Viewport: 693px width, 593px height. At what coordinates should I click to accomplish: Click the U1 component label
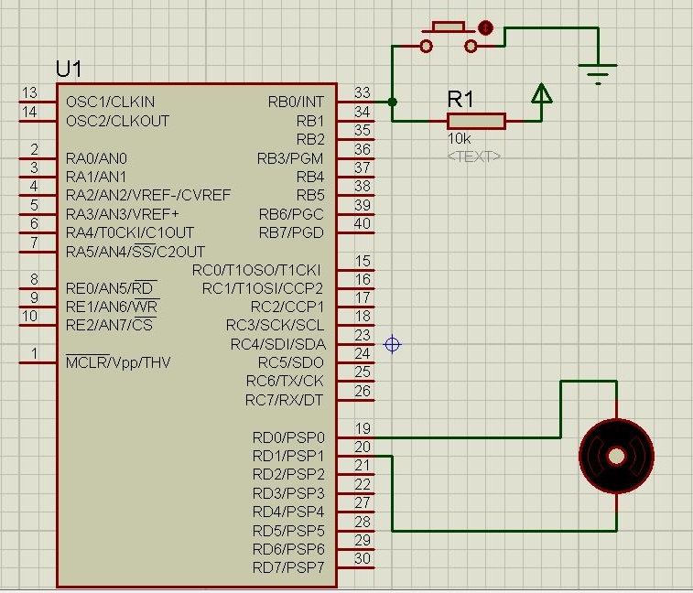pyautogui.click(x=69, y=70)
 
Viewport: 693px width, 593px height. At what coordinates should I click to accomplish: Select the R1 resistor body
pyautogui.click(x=476, y=121)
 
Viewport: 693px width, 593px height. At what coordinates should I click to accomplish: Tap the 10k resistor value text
pyautogui.click(x=460, y=138)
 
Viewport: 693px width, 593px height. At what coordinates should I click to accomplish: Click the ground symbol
pyautogui.click(x=599, y=70)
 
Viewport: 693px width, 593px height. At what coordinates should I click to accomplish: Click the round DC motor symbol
pyautogui.click(x=617, y=455)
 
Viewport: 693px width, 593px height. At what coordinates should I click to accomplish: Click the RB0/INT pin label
pyautogui.click(x=296, y=102)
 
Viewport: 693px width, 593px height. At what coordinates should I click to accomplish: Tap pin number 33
pyautogui.click(x=363, y=93)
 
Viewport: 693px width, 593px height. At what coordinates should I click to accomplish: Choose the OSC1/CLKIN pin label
pyautogui.click(x=111, y=102)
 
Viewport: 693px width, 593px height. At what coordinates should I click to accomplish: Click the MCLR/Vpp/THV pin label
pyautogui.click(x=118, y=362)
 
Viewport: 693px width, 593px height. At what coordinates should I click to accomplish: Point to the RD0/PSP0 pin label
pyautogui.click(x=288, y=437)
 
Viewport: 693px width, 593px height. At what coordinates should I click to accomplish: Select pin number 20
pyautogui.click(x=363, y=447)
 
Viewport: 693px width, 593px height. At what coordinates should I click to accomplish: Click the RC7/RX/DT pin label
pyautogui.click(x=285, y=400)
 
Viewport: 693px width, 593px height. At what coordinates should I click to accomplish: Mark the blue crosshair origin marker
pyautogui.click(x=393, y=344)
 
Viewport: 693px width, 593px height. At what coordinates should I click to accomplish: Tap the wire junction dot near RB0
pyautogui.click(x=392, y=102)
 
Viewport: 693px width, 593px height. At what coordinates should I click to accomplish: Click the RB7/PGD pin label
pyautogui.click(x=291, y=232)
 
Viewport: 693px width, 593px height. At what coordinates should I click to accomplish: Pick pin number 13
pyautogui.click(x=29, y=93)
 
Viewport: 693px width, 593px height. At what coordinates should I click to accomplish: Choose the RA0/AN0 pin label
pyautogui.click(x=97, y=157)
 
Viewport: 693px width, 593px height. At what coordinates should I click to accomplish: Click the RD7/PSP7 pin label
pyautogui.click(x=288, y=567)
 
